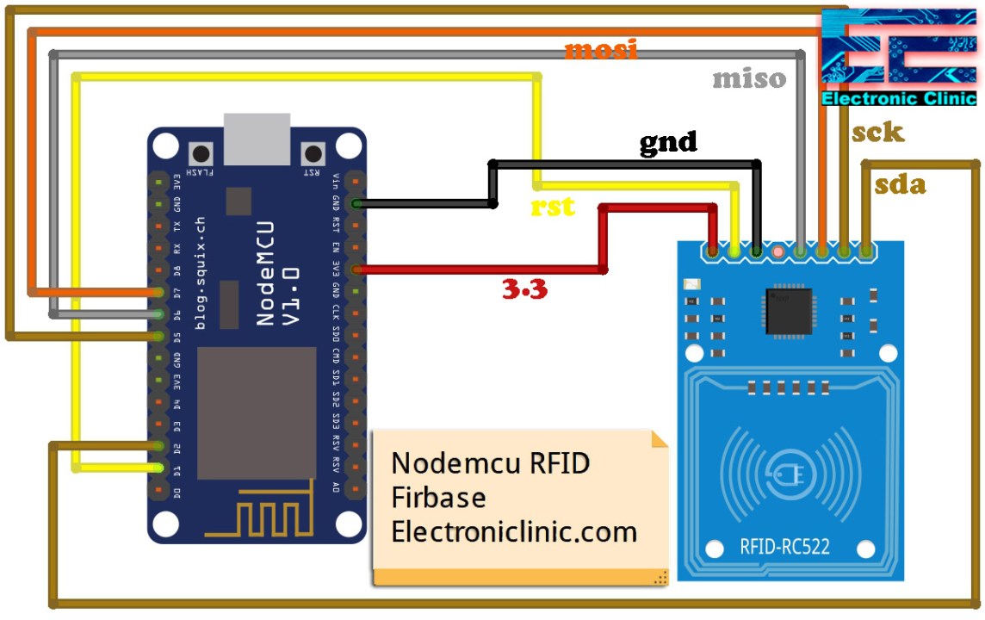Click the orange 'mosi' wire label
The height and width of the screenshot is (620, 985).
click(601, 50)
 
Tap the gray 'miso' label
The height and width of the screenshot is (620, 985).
click(749, 79)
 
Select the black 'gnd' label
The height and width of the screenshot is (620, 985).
click(668, 142)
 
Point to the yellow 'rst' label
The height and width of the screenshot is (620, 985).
click(553, 207)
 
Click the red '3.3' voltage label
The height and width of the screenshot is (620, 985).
click(525, 290)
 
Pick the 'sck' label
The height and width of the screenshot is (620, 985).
click(877, 132)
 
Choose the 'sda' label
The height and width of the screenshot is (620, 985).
click(900, 184)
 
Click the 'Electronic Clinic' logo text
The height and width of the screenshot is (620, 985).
click(899, 99)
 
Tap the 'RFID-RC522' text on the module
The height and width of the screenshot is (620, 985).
click(784, 546)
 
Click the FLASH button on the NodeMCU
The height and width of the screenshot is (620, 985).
click(202, 155)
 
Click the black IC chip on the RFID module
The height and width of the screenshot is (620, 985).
click(789, 310)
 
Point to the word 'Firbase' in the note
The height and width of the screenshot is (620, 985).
click(438, 498)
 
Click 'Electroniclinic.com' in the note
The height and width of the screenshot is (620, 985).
click(514, 531)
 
